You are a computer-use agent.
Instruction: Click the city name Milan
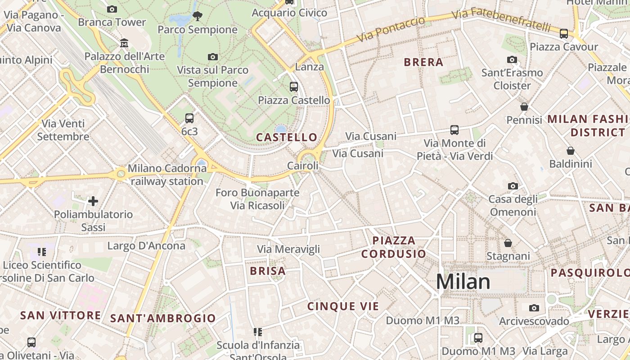(463, 282)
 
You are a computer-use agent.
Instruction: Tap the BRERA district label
(423, 62)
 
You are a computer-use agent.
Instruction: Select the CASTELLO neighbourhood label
(287, 137)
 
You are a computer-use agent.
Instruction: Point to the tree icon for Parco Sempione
(197, 17)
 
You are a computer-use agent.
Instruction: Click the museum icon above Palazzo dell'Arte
(124, 43)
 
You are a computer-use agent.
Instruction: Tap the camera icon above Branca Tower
(112, 9)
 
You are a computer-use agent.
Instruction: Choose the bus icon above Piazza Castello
(294, 87)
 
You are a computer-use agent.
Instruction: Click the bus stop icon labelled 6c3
(189, 118)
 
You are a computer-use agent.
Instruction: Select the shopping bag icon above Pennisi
(524, 107)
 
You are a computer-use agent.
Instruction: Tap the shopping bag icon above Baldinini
(570, 150)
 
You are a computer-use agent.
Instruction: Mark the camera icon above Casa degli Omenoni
(513, 186)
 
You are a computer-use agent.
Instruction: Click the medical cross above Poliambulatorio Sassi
(93, 201)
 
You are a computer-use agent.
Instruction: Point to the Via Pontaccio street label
(390, 30)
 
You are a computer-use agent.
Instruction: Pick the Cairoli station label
(303, 166)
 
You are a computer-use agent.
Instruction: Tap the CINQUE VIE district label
(343, 306)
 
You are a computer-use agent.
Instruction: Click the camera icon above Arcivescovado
(534, 308)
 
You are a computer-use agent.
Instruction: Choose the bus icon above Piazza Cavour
(563, 34)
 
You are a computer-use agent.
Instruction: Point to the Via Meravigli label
(288, 249)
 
